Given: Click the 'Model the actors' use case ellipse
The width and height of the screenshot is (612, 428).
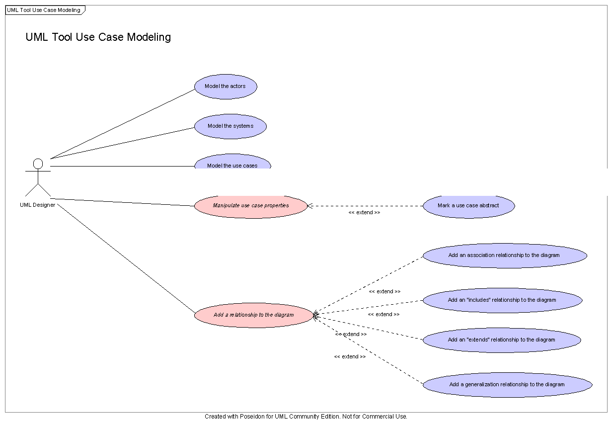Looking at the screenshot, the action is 226,86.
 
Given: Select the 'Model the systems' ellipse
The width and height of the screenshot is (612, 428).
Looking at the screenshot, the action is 230,126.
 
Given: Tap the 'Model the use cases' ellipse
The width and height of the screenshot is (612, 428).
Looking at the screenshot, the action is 232,162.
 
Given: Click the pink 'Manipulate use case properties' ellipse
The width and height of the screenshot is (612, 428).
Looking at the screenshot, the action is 251,206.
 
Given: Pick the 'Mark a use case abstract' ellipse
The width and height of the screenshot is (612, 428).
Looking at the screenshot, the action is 469,206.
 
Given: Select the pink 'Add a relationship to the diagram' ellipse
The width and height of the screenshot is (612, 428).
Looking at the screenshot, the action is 254,315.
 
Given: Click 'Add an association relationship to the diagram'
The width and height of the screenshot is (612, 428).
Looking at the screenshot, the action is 505,256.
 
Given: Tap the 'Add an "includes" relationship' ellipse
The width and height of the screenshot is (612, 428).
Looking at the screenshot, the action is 503,300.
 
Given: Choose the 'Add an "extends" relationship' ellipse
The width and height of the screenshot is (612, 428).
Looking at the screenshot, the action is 502,340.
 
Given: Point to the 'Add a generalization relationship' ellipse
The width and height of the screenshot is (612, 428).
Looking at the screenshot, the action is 508,385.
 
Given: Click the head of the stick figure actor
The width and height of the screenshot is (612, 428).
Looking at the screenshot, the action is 38,164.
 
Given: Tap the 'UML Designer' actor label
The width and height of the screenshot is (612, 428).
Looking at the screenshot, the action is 37,205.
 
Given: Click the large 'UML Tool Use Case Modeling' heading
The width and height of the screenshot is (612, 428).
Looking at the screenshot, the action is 98,37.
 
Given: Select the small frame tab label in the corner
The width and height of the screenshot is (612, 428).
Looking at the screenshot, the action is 43,10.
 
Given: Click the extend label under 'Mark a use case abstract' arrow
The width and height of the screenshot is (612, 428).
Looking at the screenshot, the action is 364,212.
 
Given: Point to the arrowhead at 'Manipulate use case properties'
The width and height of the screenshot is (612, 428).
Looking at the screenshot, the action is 309,206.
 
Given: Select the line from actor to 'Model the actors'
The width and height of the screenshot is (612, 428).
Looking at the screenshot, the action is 122,124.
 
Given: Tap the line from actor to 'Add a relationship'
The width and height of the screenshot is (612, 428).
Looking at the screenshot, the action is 126,258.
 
